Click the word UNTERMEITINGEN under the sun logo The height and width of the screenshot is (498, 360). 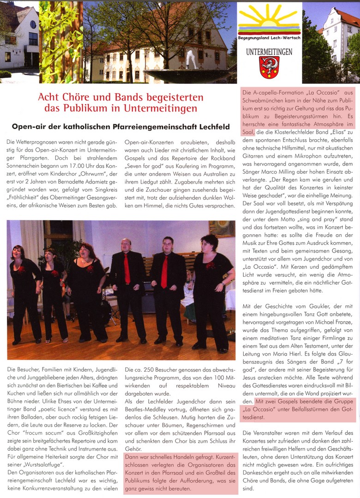point(269,52)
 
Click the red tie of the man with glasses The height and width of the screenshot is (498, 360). point(164,272)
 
